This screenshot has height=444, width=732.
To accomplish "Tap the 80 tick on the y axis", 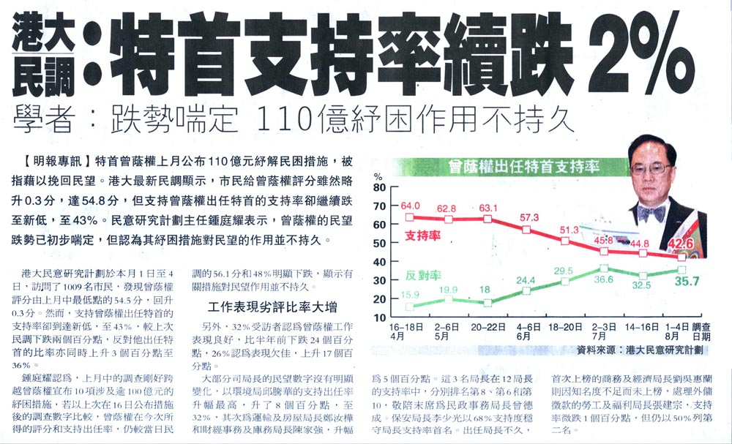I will (379, 187).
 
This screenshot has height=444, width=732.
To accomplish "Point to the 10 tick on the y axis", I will (379, 317).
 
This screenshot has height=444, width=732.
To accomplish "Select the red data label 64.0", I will (410, 206).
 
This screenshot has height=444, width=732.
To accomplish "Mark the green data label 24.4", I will (526, 279).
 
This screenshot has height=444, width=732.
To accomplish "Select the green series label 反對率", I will (422, 275).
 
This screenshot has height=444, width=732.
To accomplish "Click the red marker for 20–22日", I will (488, 219).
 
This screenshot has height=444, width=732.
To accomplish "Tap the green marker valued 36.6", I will (603, 268).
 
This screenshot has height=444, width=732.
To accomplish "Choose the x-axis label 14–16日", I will (642, 329).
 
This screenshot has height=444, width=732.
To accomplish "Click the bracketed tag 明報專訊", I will (56, 159).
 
